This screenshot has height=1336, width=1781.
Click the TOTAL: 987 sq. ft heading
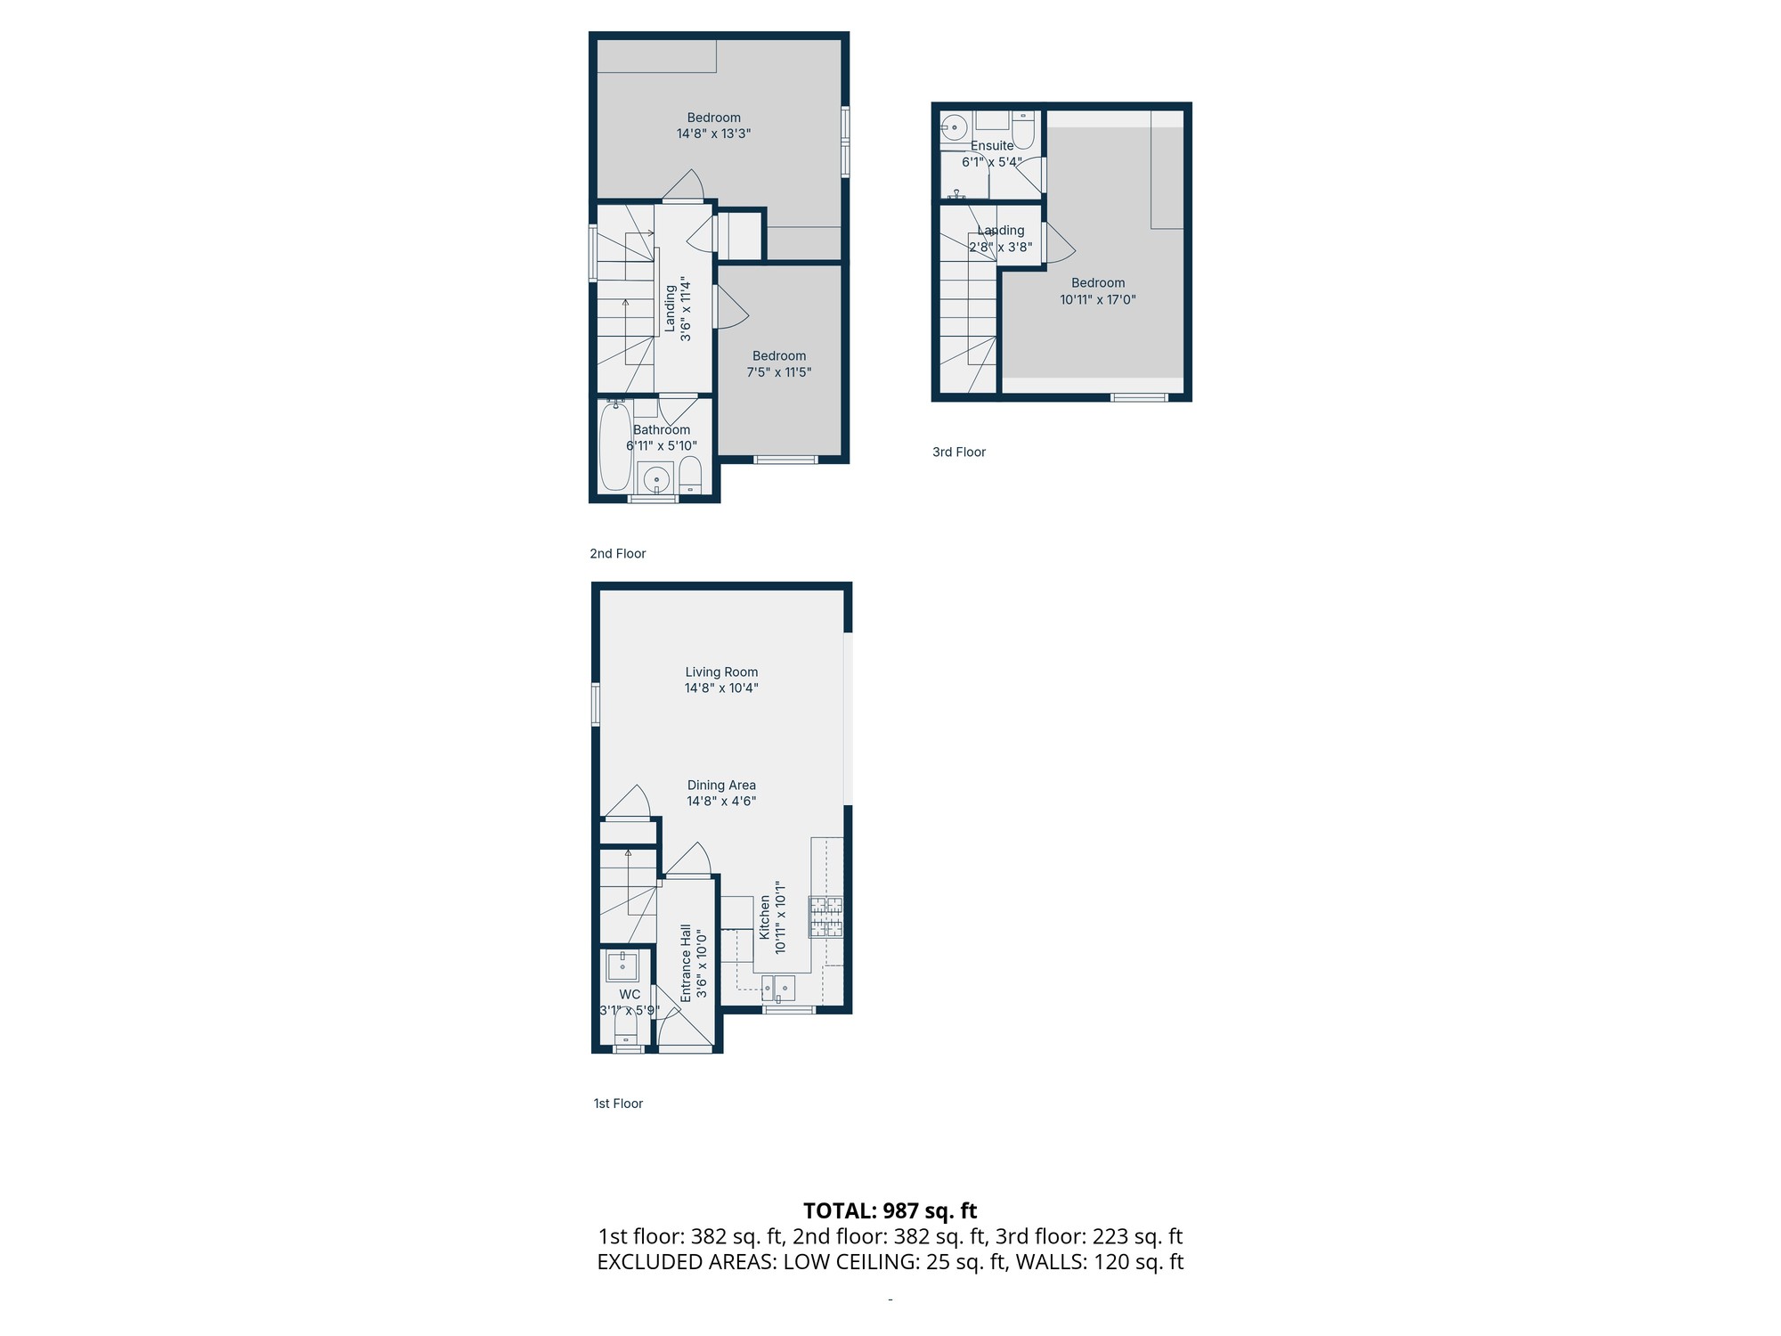890,1210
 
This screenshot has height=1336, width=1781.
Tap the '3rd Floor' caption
959,452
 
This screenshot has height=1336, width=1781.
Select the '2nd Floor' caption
617,553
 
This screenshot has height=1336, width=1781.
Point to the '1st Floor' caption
618,1104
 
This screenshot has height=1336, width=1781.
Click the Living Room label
721,672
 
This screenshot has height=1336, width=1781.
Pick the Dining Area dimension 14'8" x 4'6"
721,801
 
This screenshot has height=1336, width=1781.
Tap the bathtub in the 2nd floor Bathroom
615,445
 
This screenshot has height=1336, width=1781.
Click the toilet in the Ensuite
1023,130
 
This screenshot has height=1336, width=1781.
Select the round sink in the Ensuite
954,127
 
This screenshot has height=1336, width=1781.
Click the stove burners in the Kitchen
825,917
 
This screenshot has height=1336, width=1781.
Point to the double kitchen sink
778,988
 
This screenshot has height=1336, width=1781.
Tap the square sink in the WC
622,964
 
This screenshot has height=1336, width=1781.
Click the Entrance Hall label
686,963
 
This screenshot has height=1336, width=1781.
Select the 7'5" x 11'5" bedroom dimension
779,372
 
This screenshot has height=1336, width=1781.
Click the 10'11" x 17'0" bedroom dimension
1098,299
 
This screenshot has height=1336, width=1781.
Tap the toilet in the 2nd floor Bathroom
690,476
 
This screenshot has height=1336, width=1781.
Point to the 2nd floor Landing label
670,308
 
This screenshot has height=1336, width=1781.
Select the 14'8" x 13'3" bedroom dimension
713,134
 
